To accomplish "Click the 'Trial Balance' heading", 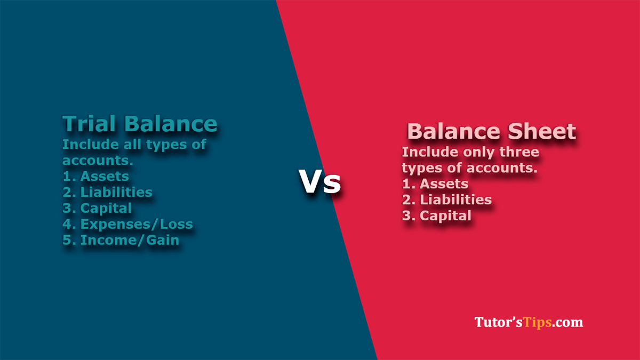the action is click(x=140, y=123).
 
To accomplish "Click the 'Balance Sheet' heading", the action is click(x=491, y=131).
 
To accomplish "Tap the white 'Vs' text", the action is click(x=319, y=181).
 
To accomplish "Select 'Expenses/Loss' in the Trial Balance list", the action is click(x=137, y=225).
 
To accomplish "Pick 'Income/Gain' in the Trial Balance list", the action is click(x=130, y=240).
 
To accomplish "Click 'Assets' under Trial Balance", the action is click(x=105, y=177).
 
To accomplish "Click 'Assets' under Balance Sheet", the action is click(x=444, y=183).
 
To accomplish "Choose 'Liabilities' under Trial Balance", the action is click(x=116, y=192).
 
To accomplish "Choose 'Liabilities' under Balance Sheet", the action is click(x=455, y=199).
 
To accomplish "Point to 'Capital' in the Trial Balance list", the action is click(x=106, y=209).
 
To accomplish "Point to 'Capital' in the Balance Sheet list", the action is click(x=445, y=215).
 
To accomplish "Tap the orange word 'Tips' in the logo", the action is click(x=538, y=323).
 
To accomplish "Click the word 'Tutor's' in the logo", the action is click(x=499, y=322).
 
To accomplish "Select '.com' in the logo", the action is click(x=567, y=323).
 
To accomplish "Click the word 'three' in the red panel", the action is click(x=519, y=151).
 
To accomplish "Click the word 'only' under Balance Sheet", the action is click(x=479, y=153).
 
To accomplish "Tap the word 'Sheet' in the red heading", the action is click(x=542, y=131).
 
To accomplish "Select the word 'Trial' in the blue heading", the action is click(x=89, y=123).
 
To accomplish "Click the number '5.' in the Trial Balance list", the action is click(x=69, y=240).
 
